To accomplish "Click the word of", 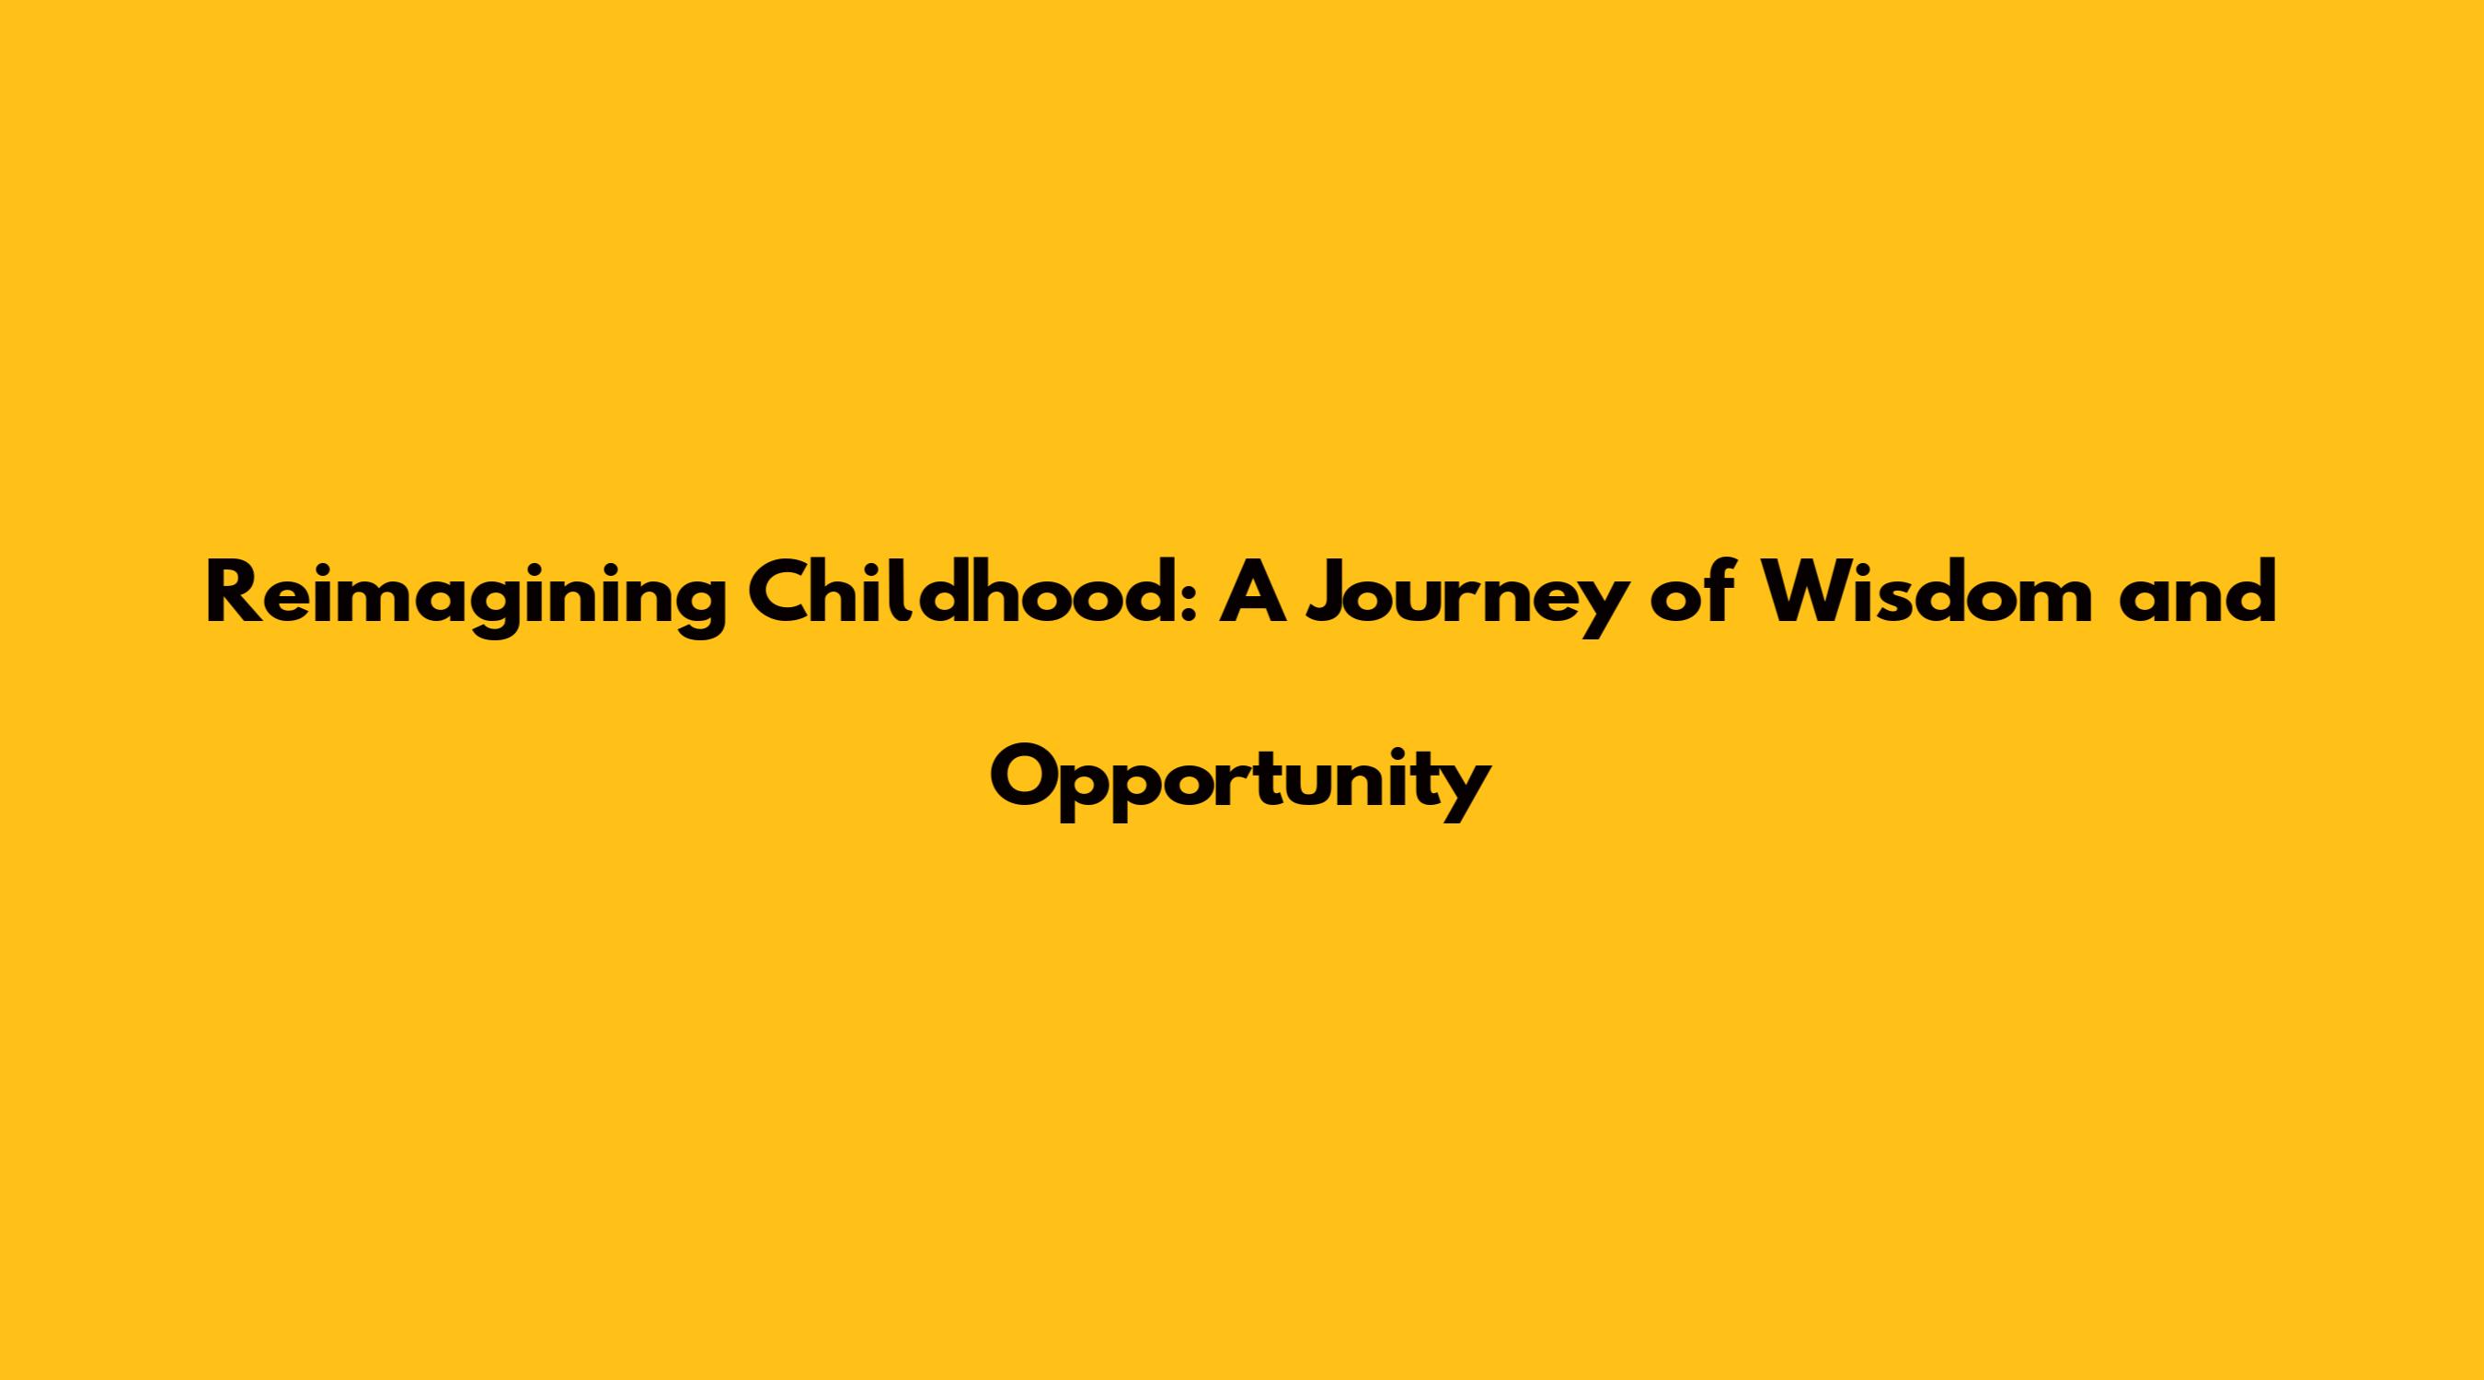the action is point(1691,592).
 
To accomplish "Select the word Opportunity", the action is point(1241,783).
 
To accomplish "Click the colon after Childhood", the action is point(1189,603).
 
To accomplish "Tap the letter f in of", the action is point(1717,592).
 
